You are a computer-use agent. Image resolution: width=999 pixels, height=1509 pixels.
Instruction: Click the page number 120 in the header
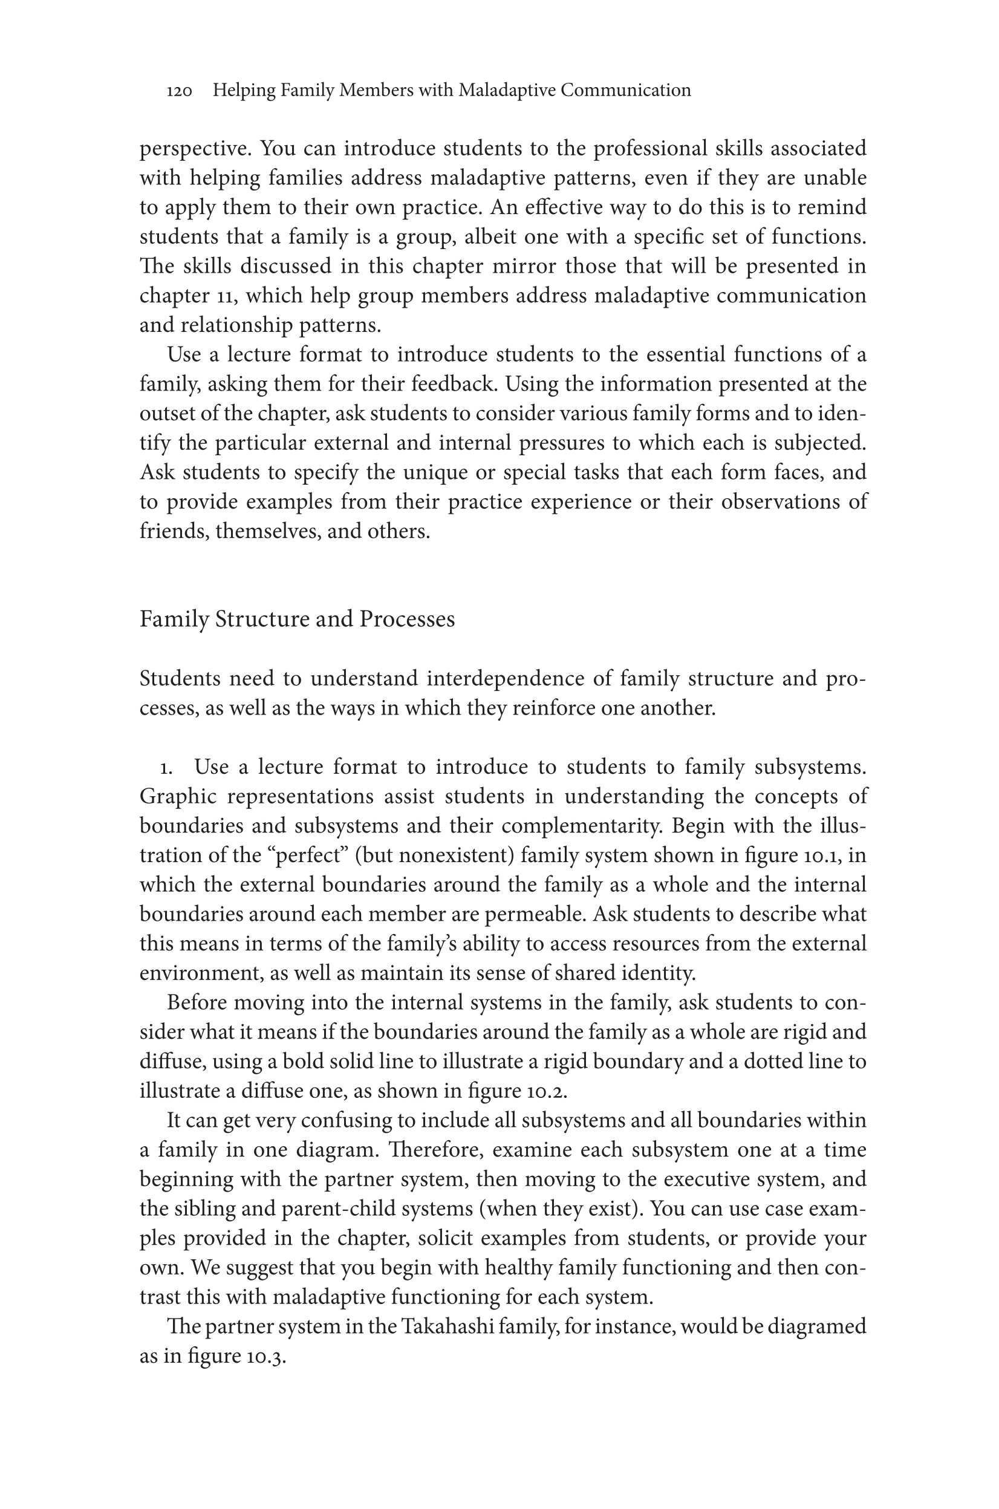tap(179, 91)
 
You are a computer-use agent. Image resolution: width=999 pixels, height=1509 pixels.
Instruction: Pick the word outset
tap(168, 414)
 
